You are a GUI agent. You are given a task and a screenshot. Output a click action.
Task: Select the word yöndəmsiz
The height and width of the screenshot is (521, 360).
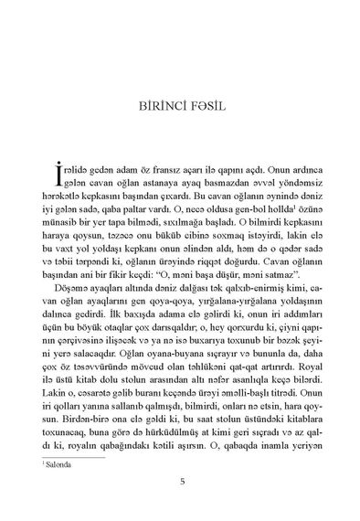pos(284,188)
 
